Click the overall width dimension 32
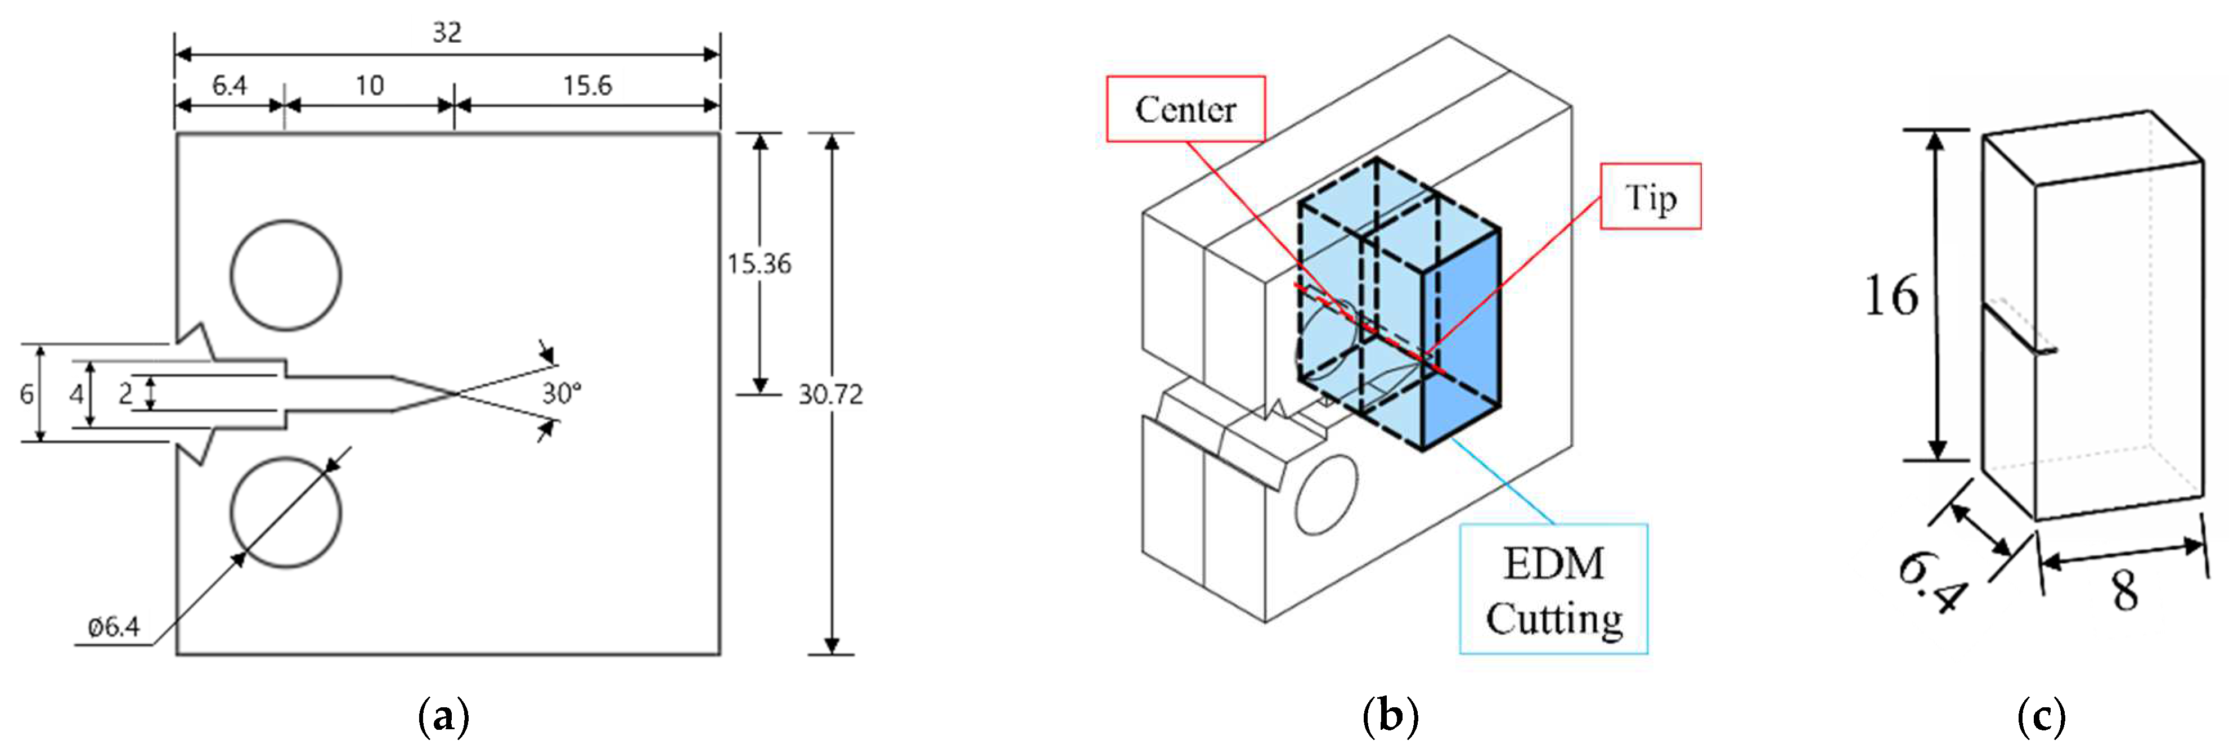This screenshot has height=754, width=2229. [447, 33]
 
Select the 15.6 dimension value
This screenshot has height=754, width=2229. [587, 85]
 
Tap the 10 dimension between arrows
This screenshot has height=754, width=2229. [370, 85]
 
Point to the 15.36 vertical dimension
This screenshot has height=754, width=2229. [759, 263]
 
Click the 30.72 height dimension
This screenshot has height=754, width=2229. [830, 395]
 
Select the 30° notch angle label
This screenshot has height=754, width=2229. [561, 394]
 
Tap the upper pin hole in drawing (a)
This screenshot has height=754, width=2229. [286, 275]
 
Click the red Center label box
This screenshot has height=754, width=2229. [1185, 109]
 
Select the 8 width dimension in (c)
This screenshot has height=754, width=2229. [2125, 591]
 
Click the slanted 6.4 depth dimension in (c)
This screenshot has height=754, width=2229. [1931, 582]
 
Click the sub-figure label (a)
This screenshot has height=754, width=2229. [444, 717]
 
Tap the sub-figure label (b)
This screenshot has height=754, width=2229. [1391, 717]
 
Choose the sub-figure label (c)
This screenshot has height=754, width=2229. [2041, 717]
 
